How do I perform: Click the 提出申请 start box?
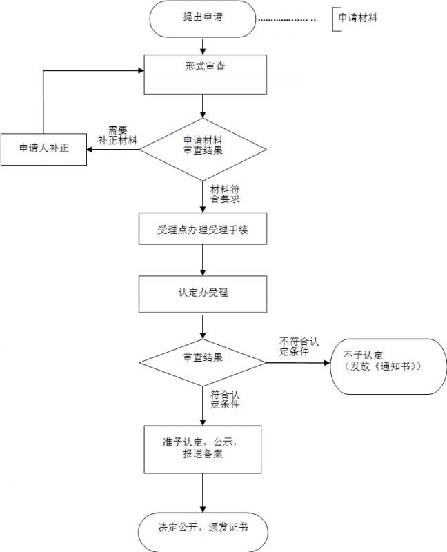click(x=202, y=19)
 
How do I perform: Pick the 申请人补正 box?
click(x=43, y=148)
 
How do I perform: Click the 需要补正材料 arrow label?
click(x=118, y=135)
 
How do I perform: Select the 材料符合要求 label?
click(x=225, y=193)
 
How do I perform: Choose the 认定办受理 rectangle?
click(x=203, y=293)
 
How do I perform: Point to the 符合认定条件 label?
click(x=226, y=400)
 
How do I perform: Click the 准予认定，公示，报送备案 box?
click(x=203, y=448)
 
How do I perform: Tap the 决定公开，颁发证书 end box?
click(x=203, y=530)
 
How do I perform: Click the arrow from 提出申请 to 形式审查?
click(x=203, y=46)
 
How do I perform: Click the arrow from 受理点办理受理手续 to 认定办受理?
click(x=203, y=261)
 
